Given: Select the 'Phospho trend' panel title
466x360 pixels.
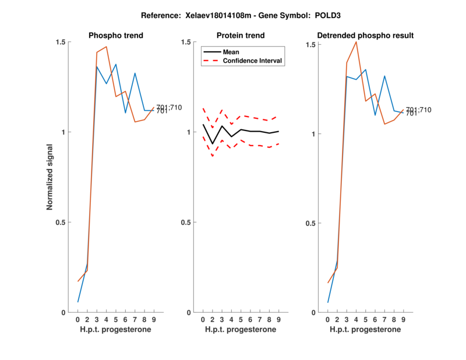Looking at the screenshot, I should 116,36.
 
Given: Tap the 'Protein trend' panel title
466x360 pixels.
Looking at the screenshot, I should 241,36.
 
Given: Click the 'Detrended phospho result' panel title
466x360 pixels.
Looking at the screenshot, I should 366,36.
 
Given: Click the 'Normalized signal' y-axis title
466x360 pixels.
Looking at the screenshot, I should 51,178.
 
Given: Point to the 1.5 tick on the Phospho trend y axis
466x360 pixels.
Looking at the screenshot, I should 60,43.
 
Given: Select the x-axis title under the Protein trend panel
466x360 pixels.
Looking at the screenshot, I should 241,330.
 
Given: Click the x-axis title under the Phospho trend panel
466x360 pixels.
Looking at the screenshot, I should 116,330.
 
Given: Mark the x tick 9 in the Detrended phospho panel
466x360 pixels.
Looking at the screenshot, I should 403,320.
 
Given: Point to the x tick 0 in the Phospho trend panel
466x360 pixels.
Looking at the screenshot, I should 78,320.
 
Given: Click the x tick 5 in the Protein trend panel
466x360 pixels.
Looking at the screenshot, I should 241,320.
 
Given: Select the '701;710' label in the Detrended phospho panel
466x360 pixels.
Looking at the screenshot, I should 418,110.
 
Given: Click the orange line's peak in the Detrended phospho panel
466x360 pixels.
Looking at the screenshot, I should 356,42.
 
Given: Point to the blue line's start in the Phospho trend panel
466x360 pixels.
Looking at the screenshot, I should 78,302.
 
